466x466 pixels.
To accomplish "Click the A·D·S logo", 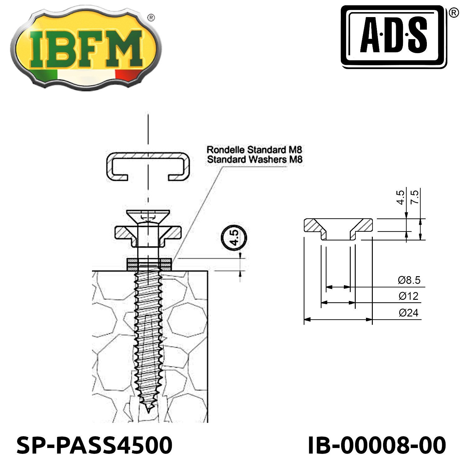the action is click(x=394, y=37).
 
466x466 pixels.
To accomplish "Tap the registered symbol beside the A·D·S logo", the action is click(x=454, y=13).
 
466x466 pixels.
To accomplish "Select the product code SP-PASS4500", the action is click(x=94, y=445).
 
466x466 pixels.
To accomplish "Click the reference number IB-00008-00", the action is click(x=377, y=445).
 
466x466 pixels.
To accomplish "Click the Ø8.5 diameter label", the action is click(x=409, y=280).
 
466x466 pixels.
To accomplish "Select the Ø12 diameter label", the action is click(x=409, y=296).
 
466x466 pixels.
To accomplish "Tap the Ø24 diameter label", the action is click(x=409, y=312).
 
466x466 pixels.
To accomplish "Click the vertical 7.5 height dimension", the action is click(x=414, y=197).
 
